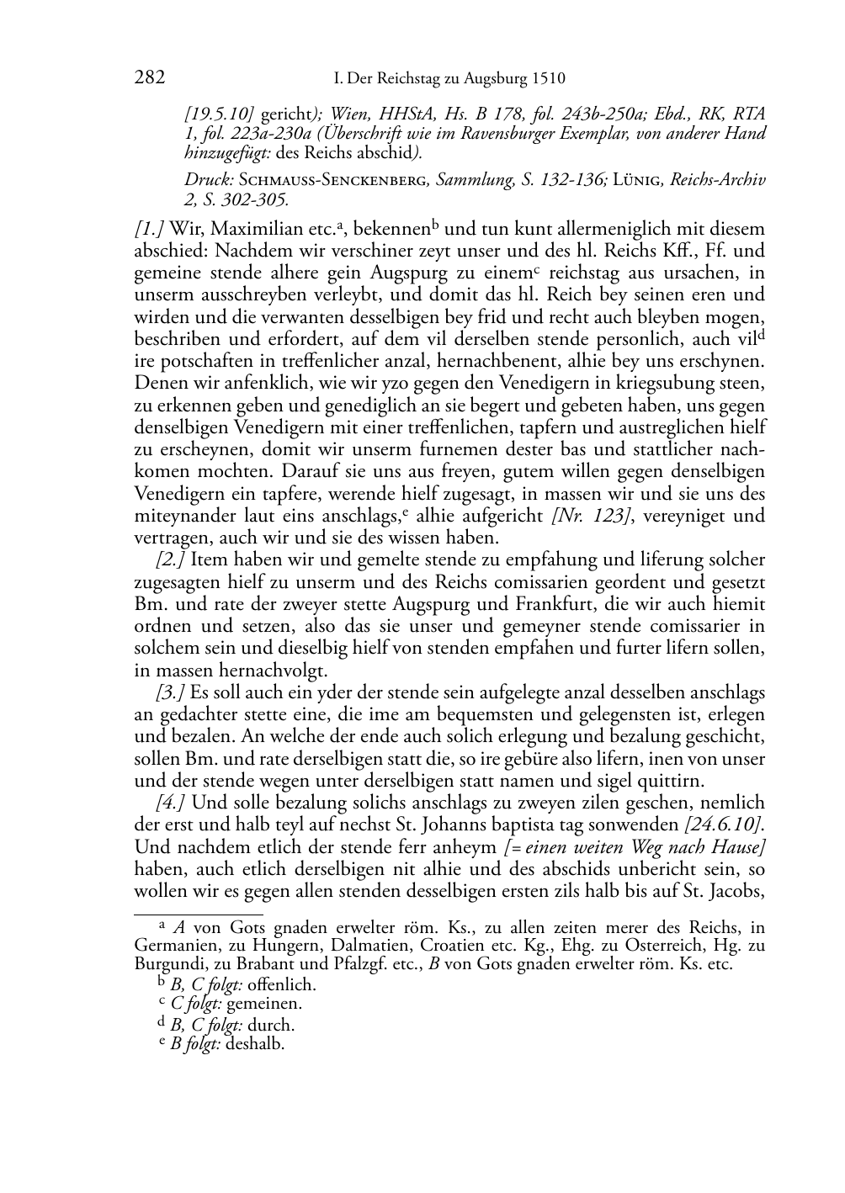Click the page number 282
(149, 78)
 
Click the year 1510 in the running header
(548, 79)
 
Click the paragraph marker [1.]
(150, 228)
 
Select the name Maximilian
(244, 228)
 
